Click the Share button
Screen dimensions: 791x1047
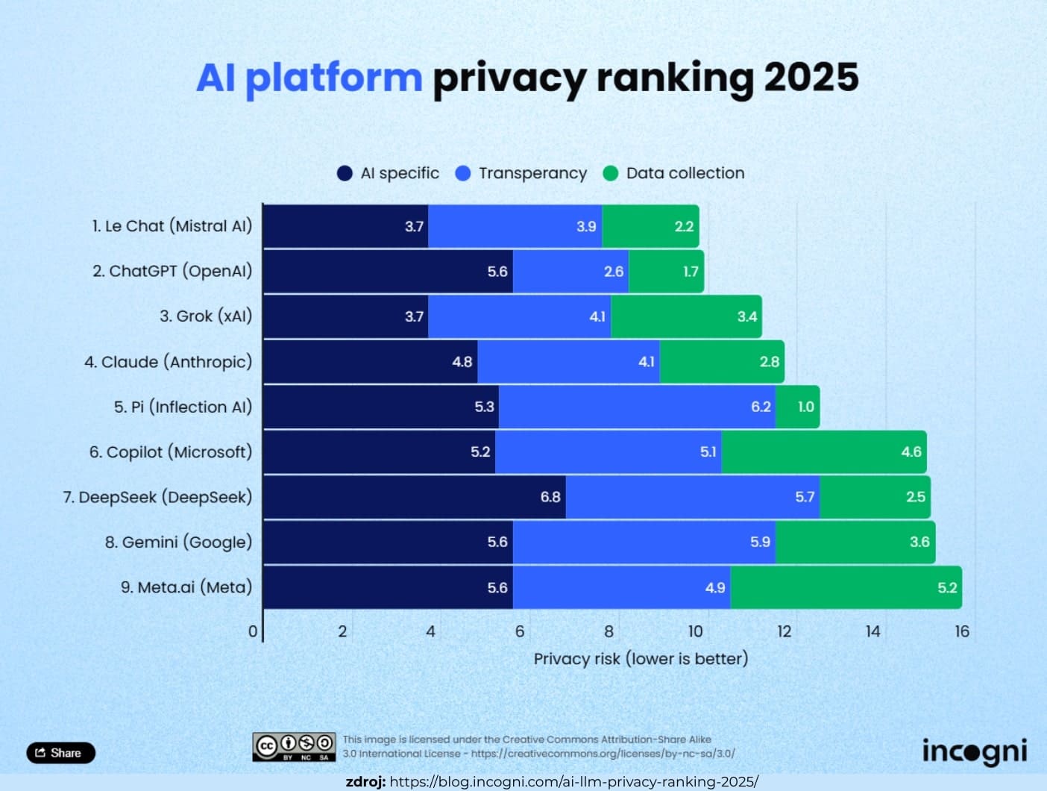coord(60,752)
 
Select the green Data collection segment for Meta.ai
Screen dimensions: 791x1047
coord(845,587)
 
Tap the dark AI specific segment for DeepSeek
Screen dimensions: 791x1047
coord(414,497)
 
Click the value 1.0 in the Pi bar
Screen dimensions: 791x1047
coord(805,407)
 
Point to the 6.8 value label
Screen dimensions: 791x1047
coord(550,497)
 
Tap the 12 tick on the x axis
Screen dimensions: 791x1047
coord(784,631)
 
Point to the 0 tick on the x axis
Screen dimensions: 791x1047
coord(253,631)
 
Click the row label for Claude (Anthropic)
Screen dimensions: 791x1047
coord(168,362)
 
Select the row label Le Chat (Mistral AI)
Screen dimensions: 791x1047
coord(172,226)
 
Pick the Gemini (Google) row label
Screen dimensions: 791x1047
coord(178,543)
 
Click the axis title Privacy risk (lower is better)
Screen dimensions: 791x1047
coord(641,659)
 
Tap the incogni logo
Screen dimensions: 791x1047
coord(974,751)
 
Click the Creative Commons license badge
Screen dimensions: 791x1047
coord(294,746)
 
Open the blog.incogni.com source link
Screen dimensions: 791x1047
coord(573,782)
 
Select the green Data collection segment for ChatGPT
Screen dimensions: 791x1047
coord(666,272)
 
